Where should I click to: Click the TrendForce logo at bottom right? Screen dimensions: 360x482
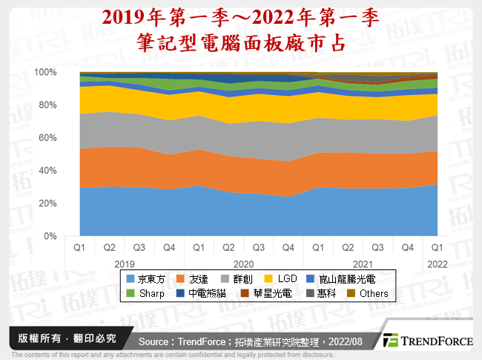point(428,341)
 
